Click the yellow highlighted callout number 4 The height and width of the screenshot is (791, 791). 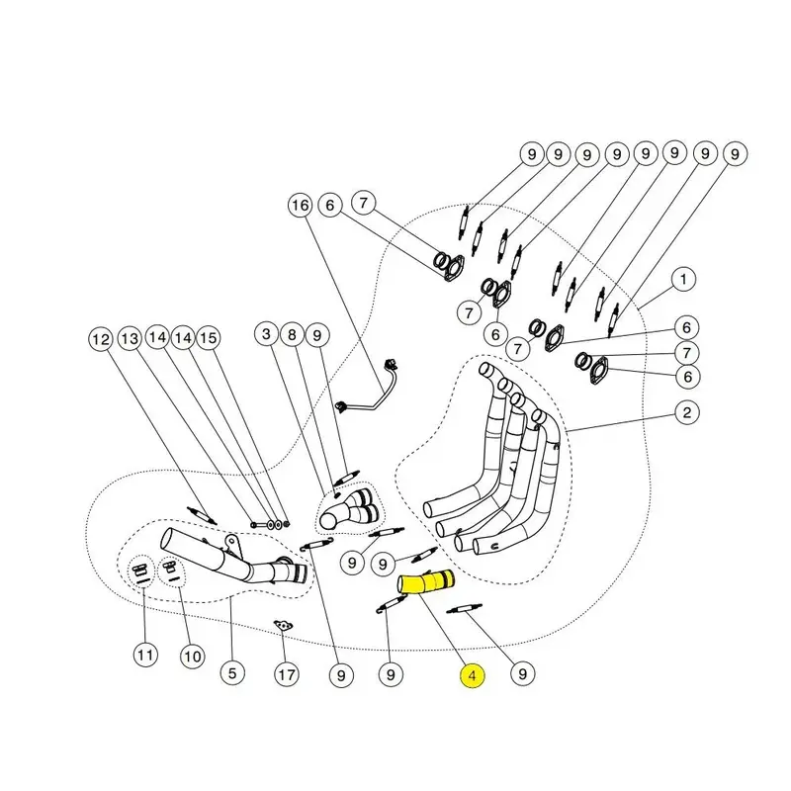pyautogui.click(x=473, y=676)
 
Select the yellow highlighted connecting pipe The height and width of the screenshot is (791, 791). pyautogui.click(x=426, y=584)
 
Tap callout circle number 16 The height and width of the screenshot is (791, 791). pyautogui.click(x=300, y=206)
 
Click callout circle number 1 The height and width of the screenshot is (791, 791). pyautogui.click(x=682, y=281)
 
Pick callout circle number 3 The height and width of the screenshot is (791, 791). pyautogui.click(x=266, y=335)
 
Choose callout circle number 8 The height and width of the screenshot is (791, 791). pyautogui.click(x=292, y=335)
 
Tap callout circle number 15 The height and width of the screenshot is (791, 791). pyautogui.click(x=207, y=339)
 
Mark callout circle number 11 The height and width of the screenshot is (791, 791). pyautogui.click(x=146, y=655)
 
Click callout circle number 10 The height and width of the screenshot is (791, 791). pyautogui.click(x=191, y=655)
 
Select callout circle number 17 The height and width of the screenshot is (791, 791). pyautogui.click(x=286, y=676)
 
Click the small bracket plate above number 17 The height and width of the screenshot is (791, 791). pyautogui.click(x=285, y=625)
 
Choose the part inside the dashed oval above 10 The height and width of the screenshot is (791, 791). pyautogui.click(x=171, y=569)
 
